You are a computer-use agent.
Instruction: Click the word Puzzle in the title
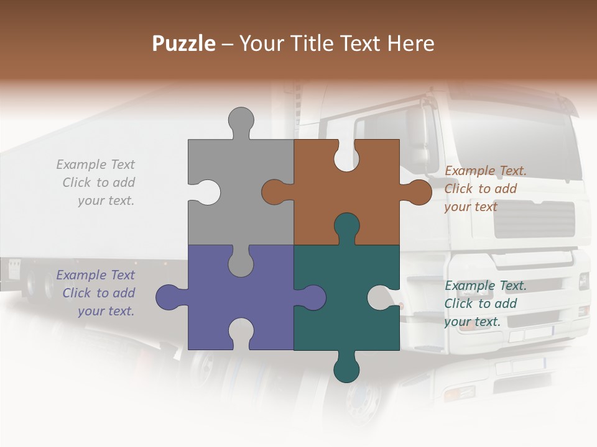[x=184, y=43]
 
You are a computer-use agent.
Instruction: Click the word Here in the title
[x=410, y=43]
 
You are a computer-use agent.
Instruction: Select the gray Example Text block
[x=97, y=183]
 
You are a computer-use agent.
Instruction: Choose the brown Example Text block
[x=485, y=189]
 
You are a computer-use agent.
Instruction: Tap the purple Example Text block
[x=97, y=293]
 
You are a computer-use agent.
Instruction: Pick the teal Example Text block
[x=485, y=304]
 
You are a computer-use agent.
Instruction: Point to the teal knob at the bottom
[x=346, y=370]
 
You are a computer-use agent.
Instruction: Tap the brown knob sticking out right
[x=419, y=192]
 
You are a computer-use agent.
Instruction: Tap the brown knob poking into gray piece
[x=274, y=192]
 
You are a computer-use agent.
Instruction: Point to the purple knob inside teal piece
[x=313, y=297]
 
